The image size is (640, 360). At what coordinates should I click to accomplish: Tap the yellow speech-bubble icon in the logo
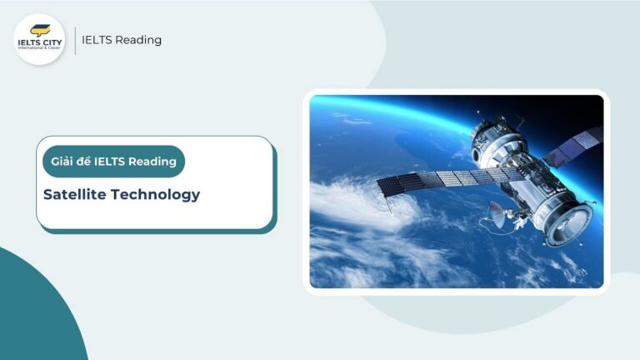tap(39, 30)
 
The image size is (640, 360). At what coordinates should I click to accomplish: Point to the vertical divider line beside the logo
tap(75, 40)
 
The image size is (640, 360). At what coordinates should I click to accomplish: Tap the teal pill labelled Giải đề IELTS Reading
tap(113, 161)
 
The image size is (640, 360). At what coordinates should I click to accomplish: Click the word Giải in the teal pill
tap(63, 161)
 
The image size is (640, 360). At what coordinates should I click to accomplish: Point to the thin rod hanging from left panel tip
tap(386, 192)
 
